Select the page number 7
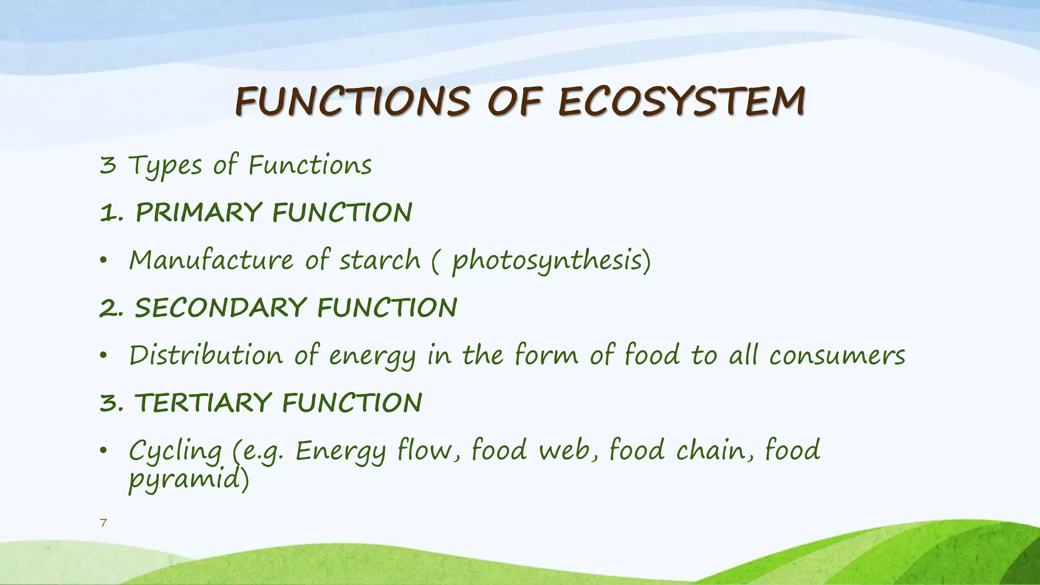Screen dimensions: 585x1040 click(104, 523)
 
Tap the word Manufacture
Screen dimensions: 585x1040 click(211, 260)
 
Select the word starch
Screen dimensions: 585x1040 click(380, 260)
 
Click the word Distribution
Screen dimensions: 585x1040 click(206, 355)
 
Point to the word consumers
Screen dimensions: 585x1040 click(837, 355)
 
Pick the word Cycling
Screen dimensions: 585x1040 click(175, 451)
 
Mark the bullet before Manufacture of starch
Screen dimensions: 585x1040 click(104, 261)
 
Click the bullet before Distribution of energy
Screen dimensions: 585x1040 click(104, 356)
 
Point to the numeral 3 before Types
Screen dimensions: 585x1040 click(108, 166)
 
